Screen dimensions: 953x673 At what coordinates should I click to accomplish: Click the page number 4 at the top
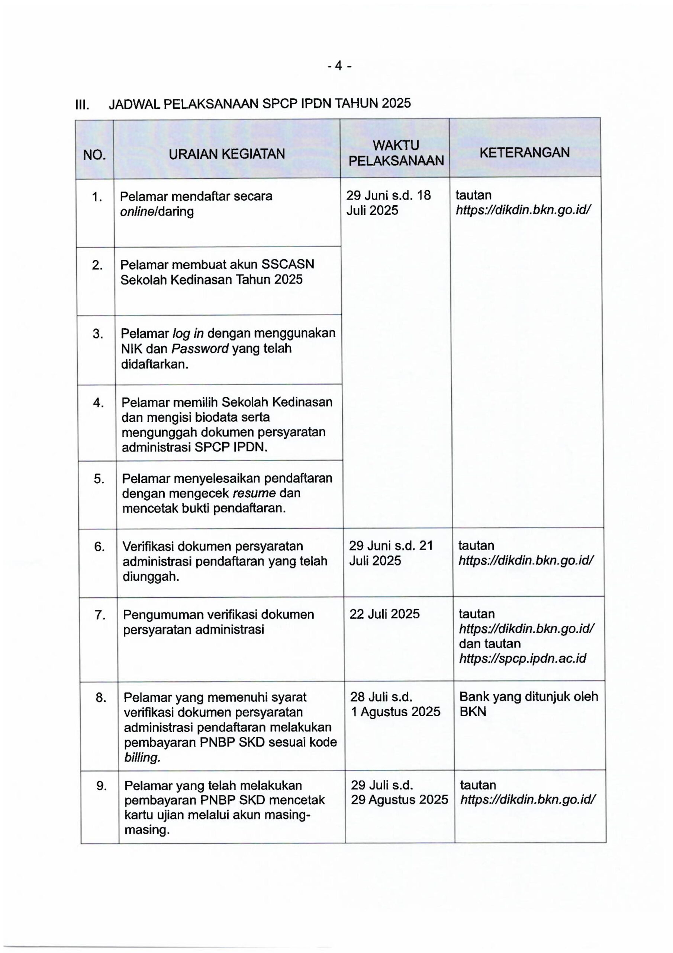(339, 66)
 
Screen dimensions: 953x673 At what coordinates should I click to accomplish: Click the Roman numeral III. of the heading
(82, 105)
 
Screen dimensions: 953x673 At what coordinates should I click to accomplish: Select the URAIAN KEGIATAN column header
(227, 154)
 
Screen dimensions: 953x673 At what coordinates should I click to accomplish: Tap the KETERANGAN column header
(525, 152)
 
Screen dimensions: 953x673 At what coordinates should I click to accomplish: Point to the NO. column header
(94, 155)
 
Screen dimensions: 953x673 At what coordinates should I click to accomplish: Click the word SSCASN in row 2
(287, 264)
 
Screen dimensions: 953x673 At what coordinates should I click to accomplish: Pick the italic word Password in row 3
(200, 348)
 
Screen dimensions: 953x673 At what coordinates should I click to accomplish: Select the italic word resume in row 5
(255, 493)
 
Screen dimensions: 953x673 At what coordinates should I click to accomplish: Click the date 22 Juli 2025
(384, 614)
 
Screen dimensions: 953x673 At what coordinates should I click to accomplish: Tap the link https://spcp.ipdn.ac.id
(522, 659)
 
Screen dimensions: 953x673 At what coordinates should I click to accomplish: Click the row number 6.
(99, 546)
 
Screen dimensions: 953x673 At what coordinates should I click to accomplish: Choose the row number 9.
(102, 786)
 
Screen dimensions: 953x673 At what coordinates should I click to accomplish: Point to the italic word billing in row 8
(142, 758)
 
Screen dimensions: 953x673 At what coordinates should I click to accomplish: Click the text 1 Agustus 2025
(396, 712)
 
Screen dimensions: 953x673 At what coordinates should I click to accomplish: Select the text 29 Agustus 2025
(399, 800)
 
